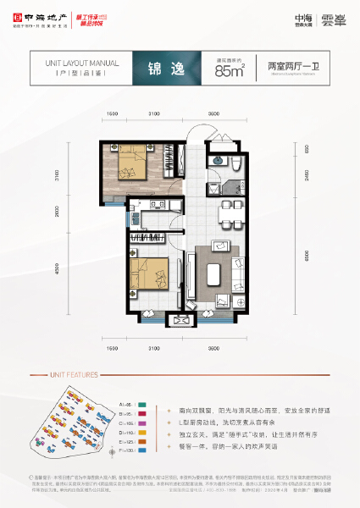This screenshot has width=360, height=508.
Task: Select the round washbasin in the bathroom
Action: click(x=219, y=157)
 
